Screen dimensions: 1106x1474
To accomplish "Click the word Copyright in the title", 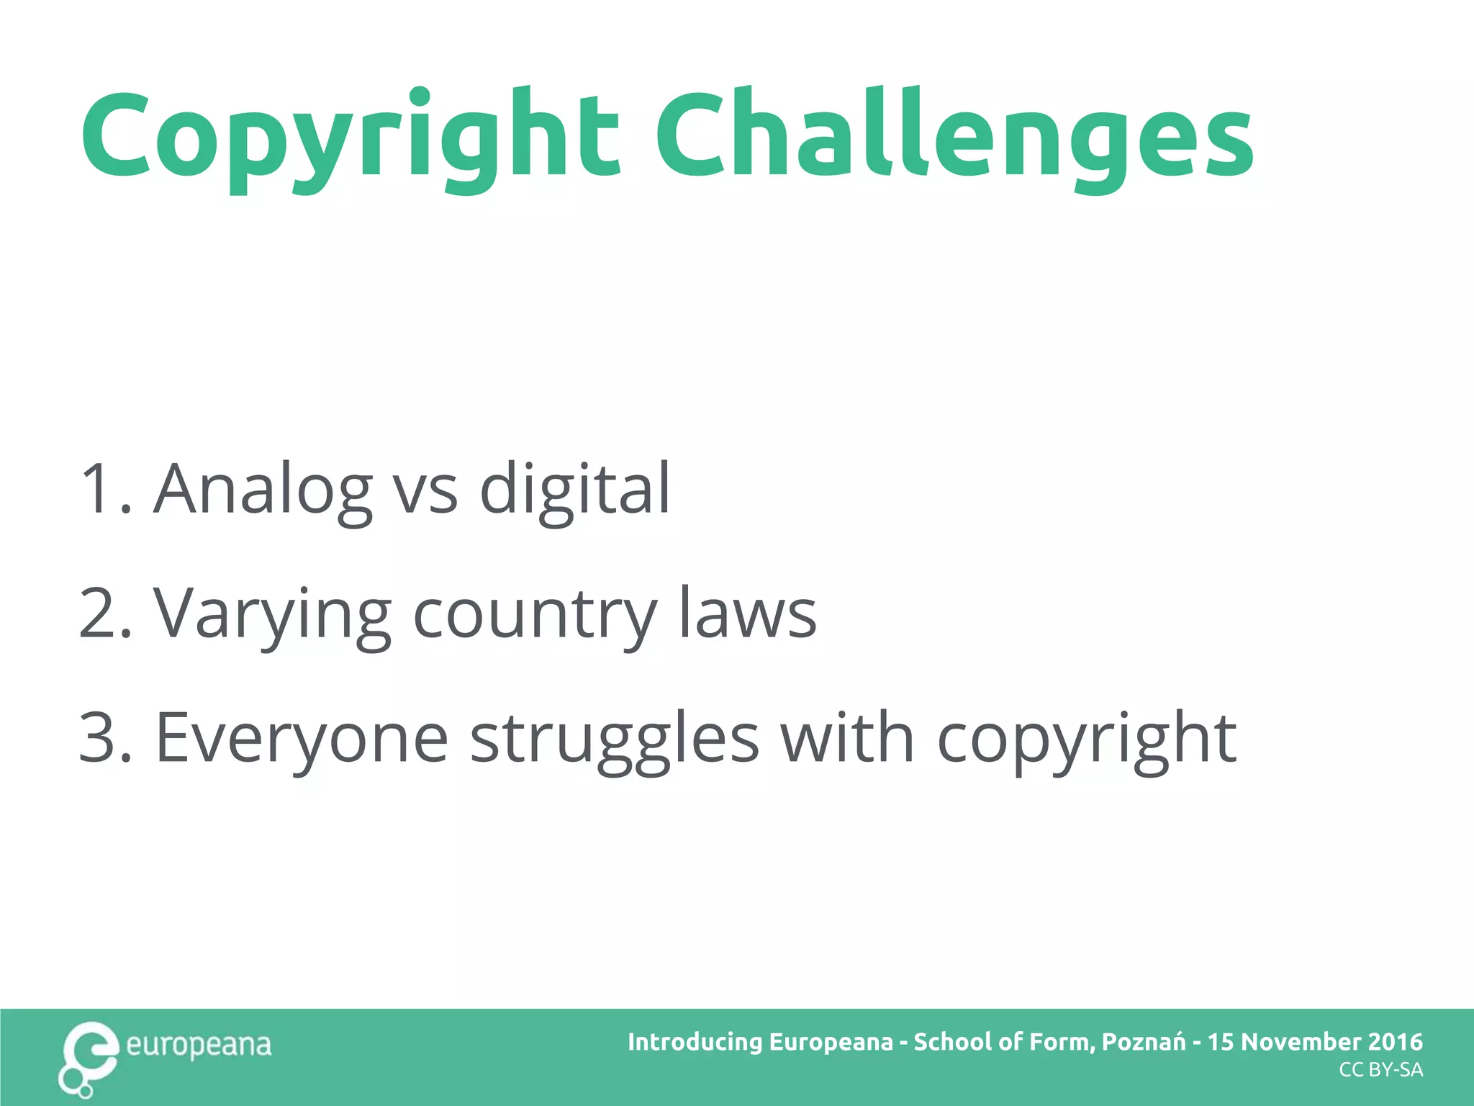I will [351, 137].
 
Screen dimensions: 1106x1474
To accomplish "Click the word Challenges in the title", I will [954, 137].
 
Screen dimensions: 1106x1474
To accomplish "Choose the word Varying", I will [272, 614].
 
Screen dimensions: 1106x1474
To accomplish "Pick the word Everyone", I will [302, 739].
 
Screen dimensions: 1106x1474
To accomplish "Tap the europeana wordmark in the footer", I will [199, 1045].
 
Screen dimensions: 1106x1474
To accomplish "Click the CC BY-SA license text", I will [1380, 1070].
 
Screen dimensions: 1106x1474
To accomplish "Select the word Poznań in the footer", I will [1143, 1042].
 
